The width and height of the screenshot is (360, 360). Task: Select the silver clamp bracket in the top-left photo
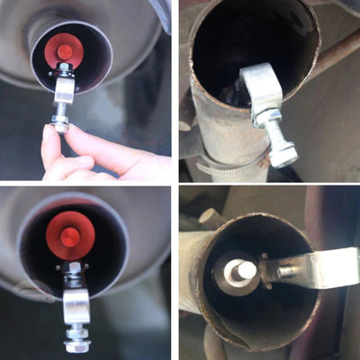point(65,90)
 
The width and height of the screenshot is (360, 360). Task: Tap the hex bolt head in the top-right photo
point(283,156)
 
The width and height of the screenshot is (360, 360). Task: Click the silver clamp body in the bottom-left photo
point(76,301)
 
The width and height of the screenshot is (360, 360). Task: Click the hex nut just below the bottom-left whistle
point(73,267)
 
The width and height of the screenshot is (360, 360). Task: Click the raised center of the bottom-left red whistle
point(70,236)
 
